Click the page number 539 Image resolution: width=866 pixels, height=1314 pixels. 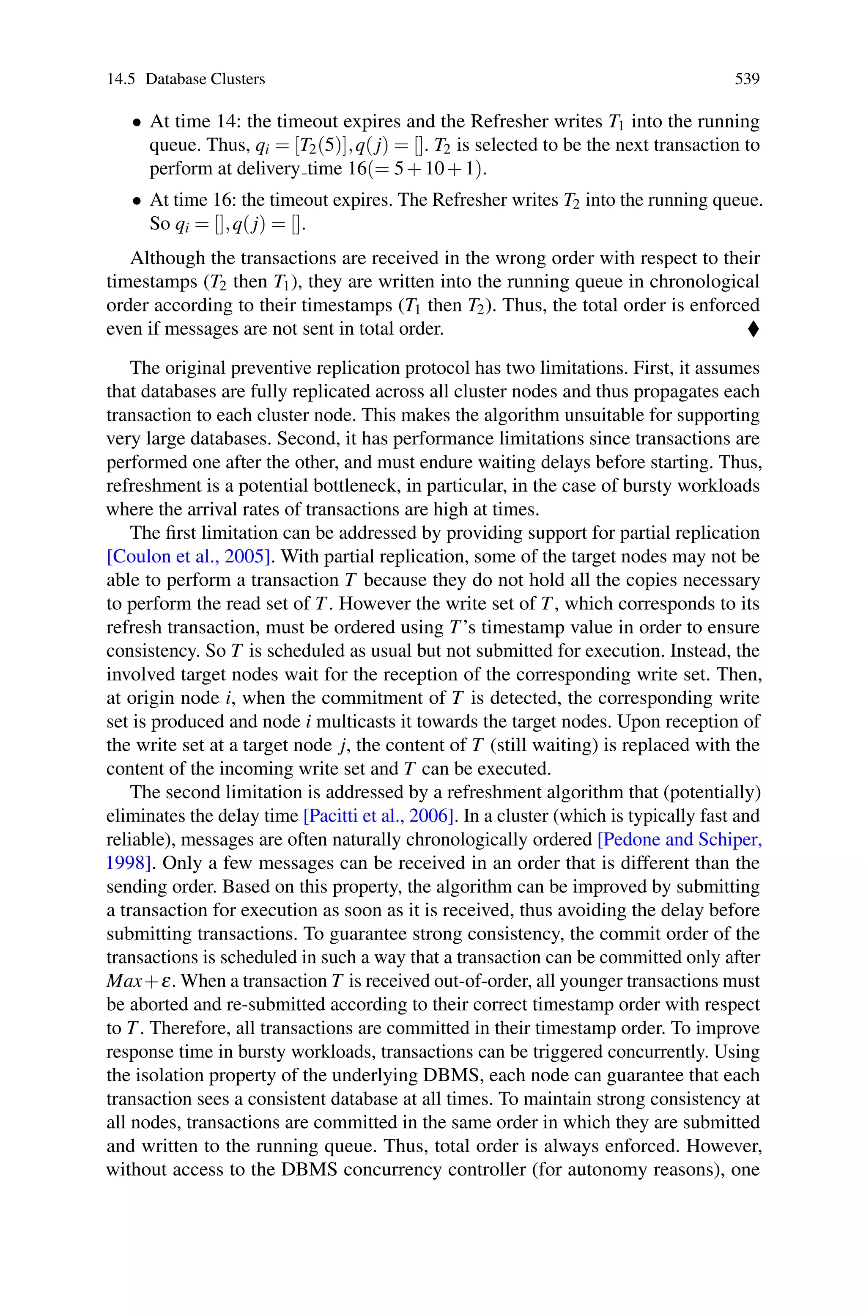click(747, 79)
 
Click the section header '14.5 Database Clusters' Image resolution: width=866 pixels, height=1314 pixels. click(186, 79)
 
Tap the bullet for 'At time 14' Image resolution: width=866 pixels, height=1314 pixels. click(137, 123)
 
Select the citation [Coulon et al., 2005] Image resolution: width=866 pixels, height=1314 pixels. click(188, 556)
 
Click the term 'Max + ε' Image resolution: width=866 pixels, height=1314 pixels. click(141, 981)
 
